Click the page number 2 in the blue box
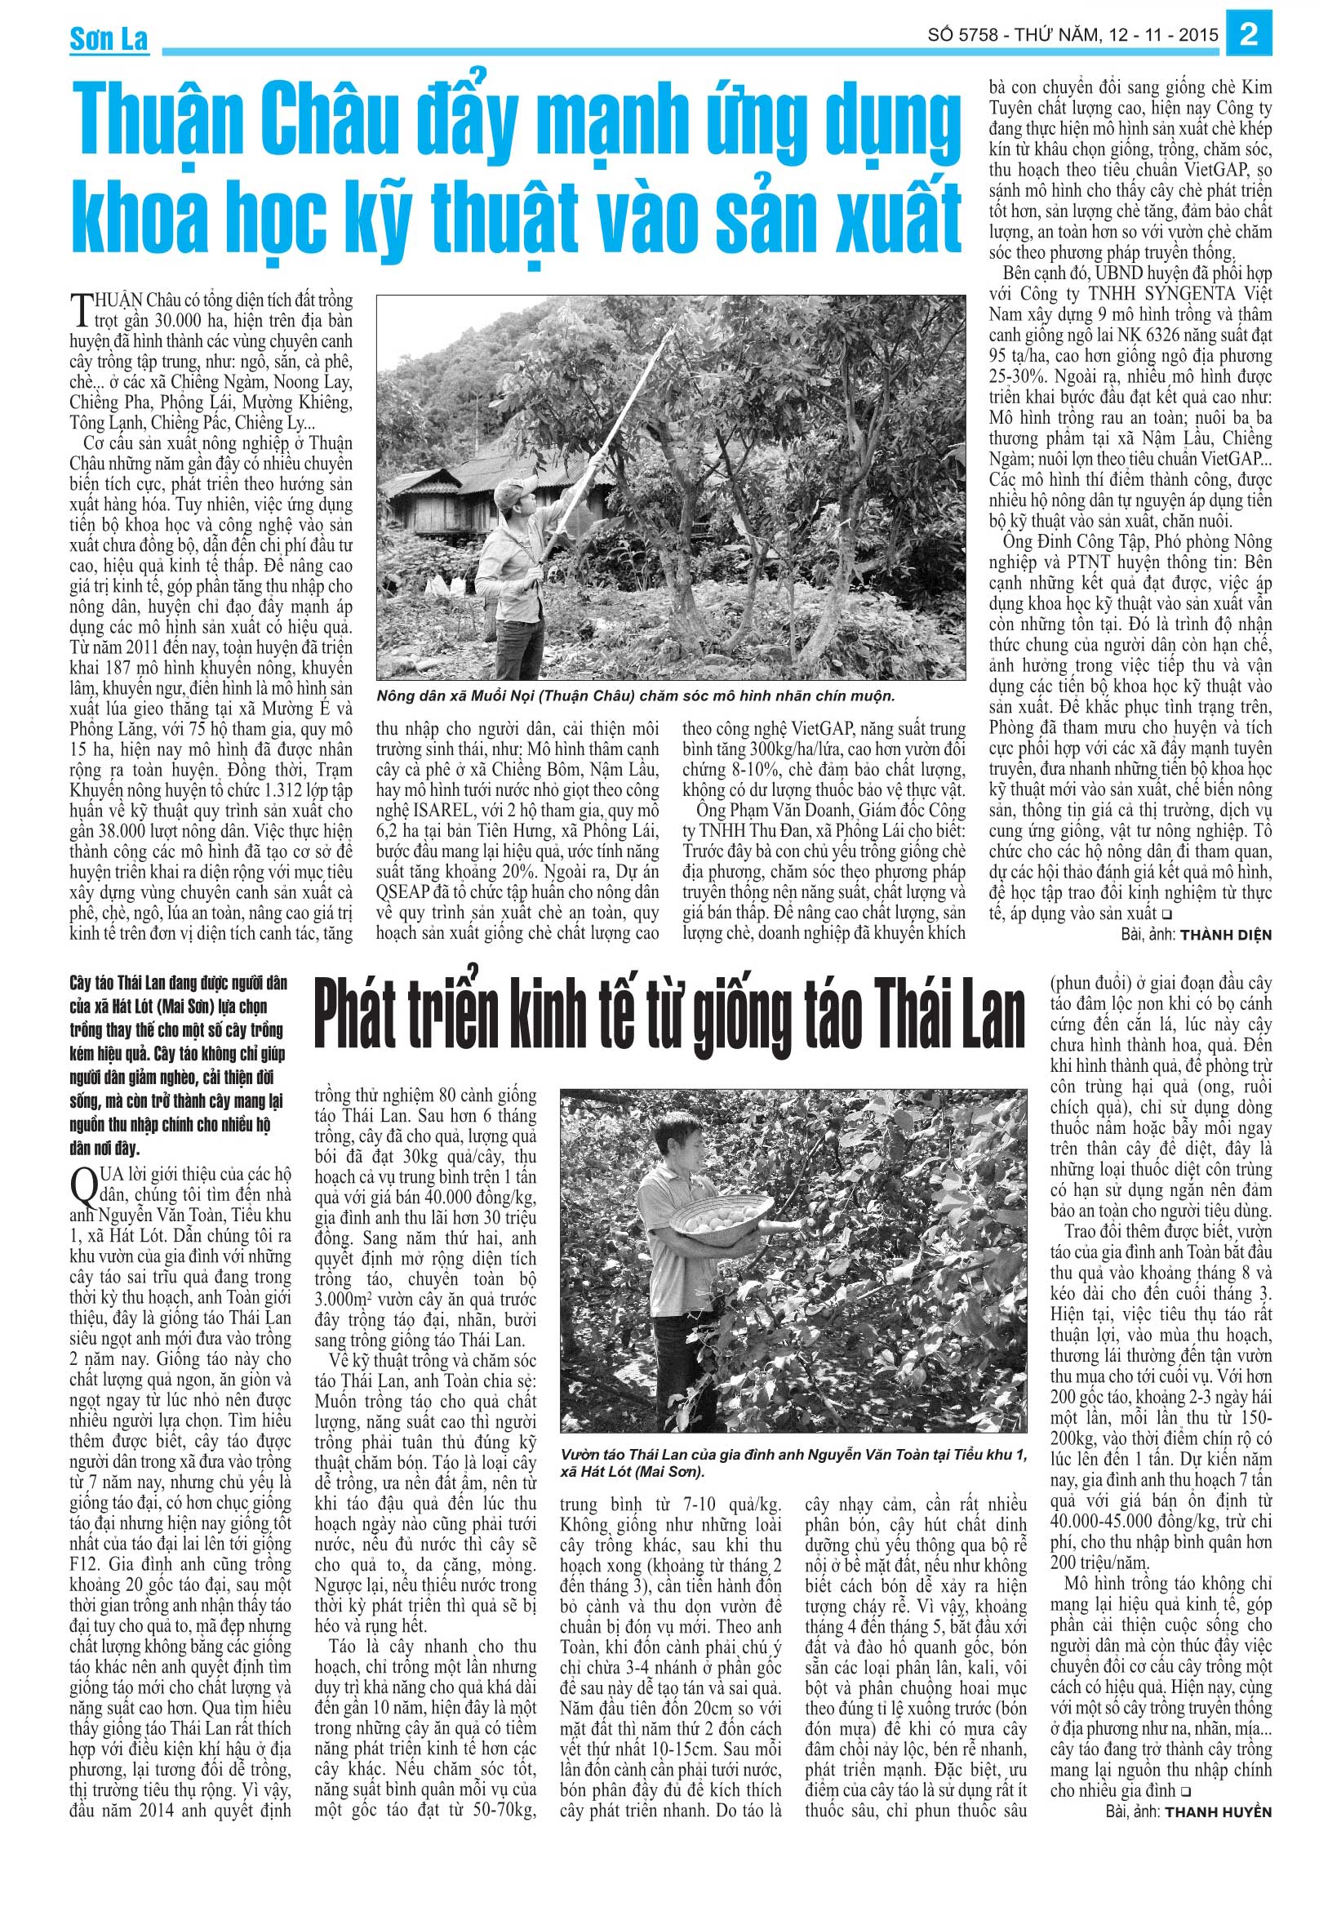(x=1250, y=36)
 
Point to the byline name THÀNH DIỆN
(x=1226, y=935)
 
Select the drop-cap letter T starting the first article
(x=81, y=310)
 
